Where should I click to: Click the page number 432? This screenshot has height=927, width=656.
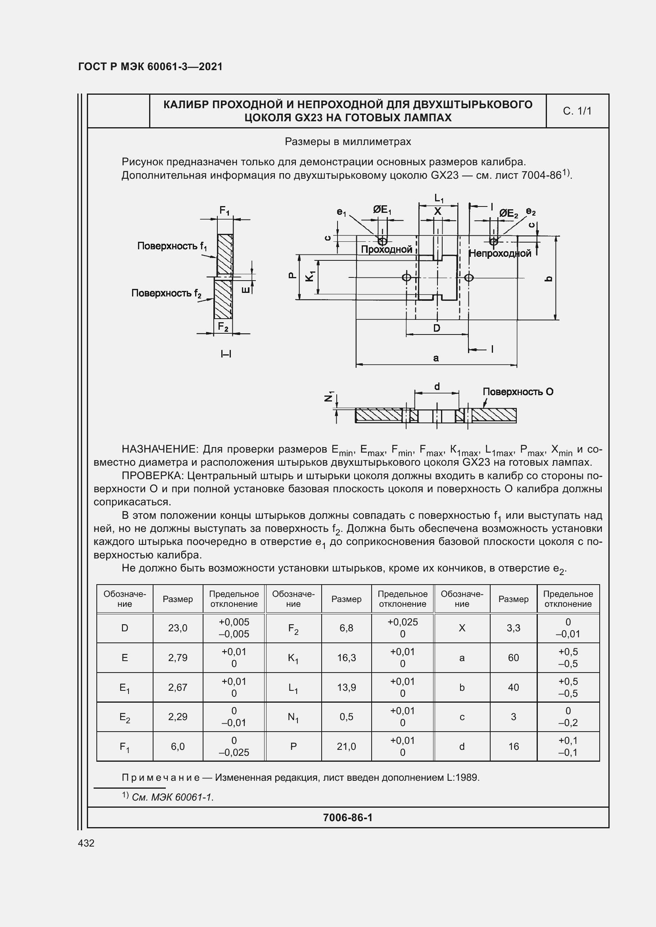86,843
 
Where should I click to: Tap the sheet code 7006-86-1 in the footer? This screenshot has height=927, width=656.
347,818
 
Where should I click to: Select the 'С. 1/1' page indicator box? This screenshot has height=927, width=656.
577,111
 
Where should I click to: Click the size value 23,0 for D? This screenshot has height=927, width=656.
178,628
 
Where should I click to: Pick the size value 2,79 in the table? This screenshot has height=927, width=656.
178,658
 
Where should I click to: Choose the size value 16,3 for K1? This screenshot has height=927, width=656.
347,658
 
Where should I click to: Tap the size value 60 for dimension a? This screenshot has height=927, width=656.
513,658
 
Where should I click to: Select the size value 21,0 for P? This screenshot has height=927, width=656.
347,747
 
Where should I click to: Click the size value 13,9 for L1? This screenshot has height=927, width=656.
347,687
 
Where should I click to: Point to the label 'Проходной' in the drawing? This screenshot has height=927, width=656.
387,250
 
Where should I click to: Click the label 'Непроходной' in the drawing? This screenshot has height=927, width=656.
500,254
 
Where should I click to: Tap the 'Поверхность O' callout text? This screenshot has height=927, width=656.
518,392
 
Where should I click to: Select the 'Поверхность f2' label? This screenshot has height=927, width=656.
166,293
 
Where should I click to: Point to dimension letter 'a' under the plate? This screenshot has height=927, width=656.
436,358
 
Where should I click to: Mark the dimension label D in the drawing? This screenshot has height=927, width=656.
437,328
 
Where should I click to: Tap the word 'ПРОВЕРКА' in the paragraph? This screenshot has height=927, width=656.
153,476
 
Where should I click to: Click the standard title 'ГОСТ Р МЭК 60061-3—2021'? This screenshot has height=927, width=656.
150,67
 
